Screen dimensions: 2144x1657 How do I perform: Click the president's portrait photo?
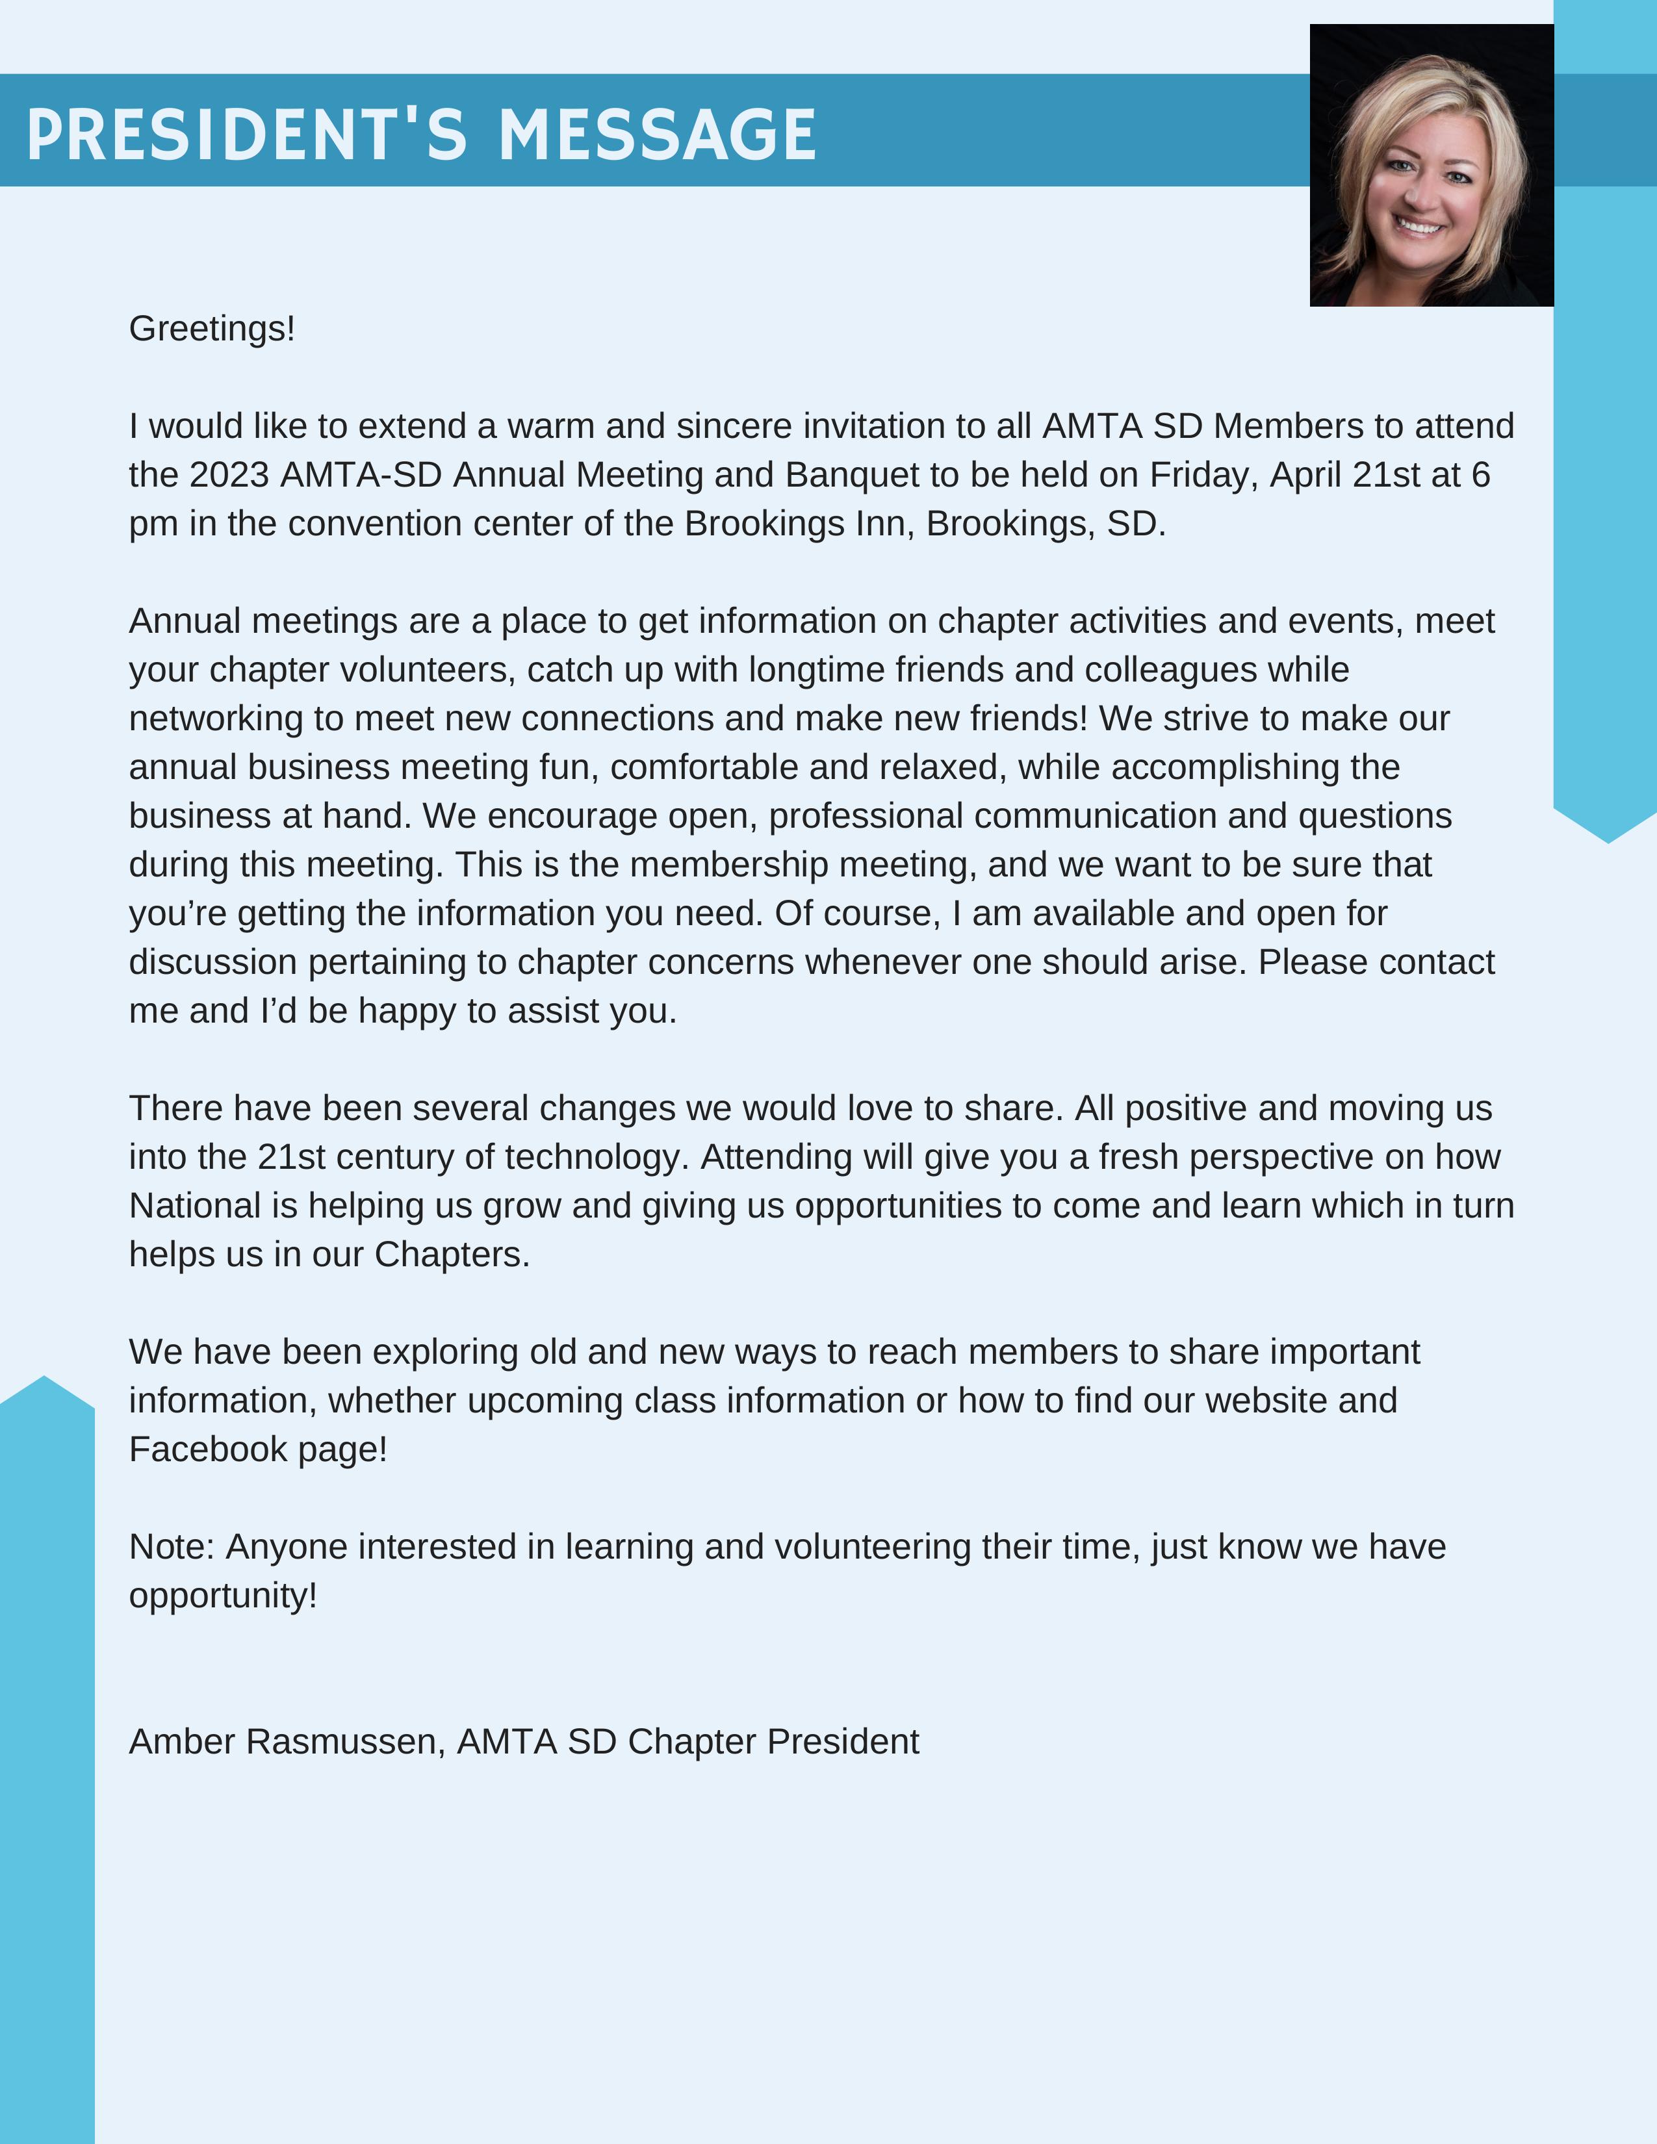tap(1432, 165)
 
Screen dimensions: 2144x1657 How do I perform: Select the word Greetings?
tap(212, 329)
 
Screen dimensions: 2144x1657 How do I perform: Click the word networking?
tap(216, 719)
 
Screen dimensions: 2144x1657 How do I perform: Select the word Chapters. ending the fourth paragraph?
tap(452, 1255)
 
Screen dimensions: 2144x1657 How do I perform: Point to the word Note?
tap(172, 1547)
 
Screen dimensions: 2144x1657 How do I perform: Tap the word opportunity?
tap(223, 1596)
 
